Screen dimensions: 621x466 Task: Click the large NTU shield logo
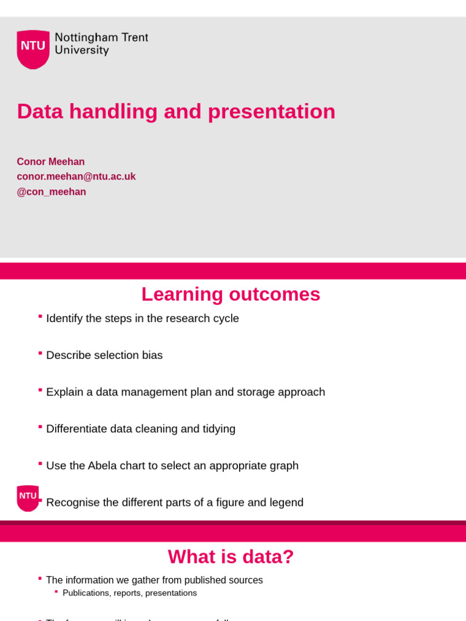click(x=33, y=49)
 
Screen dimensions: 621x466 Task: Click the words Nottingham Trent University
click(x=101, y=44)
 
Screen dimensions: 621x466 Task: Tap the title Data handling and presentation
click(x=176, y=112)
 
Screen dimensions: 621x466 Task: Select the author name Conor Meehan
click(x=50, y=162)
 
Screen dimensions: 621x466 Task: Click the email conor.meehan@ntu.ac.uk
click(x=76, y=176)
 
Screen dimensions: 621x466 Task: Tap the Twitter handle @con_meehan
click(x=51, y=192)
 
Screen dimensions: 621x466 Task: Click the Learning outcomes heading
click(x=231, y=294)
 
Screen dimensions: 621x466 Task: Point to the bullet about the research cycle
click(x=142, y=318)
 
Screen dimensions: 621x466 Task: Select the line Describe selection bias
click(x=104, y=355)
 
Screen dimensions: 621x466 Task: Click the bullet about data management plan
click(x=185, y=392)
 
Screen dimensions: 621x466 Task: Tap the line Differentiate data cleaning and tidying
click(x=140, y=429)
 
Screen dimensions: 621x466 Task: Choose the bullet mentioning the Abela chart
click(x=172, y=466)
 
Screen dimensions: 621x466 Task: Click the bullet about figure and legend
click(x=174, y=503)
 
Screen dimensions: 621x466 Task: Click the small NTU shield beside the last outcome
click(x=27, y=497)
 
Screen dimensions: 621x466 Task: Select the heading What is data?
click(x=231, y=557)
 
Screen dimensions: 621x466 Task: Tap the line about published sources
click(x=154, y=580)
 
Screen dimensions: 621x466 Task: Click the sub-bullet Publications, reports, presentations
click(x=129, y=593)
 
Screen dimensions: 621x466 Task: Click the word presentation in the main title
click(x=271, y=112)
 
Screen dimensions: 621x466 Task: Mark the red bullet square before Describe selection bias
click(x=40, y=352)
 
